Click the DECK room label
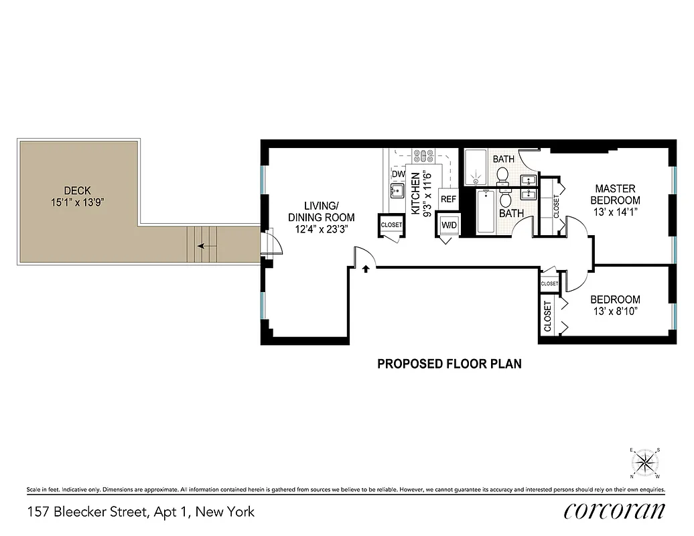pos(78,190)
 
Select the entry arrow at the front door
pos(366,269)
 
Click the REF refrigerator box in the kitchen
pos(448,199)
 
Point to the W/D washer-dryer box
pos(448,226)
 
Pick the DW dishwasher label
pos(399,174)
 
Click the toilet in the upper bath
pos(502,175)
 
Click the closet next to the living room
pos(391,225)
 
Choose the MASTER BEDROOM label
pos(615,194)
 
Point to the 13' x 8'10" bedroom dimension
pos(614,312)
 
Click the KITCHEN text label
pos(415,194)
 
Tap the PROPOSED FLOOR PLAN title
pos(449,364)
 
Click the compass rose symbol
pos(646,461)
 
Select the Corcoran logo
pos(614,511)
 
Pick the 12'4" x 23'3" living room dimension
pos(321,229)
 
